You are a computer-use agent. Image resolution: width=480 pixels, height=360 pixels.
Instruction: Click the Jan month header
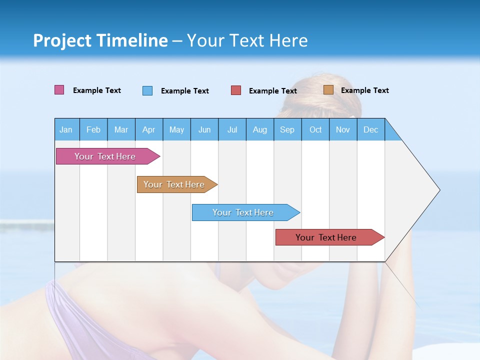(x=66, y=129)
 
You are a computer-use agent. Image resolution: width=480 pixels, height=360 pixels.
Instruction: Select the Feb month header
(x=93, y=129)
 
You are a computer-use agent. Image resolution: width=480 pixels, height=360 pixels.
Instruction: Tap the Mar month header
(x=121, y=129)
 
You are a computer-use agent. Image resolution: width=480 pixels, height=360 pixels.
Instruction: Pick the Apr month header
(x=149, y=129)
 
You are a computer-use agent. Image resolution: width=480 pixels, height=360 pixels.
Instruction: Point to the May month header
(x=176, y=129)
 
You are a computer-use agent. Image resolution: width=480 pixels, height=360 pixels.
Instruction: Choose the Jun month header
(x=204, y=129)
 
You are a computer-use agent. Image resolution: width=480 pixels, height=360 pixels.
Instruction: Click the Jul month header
(x=232, y=129)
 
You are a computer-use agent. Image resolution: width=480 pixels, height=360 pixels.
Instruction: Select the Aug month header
(x=260, y=129)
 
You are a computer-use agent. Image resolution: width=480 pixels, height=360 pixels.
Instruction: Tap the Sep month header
(x=287, y=129)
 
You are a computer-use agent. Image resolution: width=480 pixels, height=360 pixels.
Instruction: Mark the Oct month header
(x=315, y=129)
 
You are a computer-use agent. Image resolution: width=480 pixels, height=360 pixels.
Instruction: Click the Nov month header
(x=343, y=129)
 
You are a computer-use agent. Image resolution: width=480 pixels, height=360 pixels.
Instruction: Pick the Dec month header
(x=371, y=129)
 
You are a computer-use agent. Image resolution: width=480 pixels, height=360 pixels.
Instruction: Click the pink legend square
(x=59, y=90)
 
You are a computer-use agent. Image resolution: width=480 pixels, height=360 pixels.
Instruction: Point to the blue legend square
(x=147, y=90)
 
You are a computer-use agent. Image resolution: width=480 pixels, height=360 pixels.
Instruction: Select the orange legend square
(x=328, y=90)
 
